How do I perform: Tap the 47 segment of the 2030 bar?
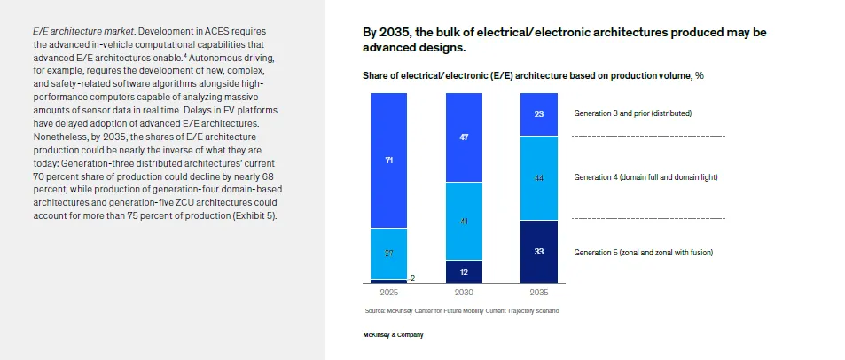pyautogui.click(x=464, y=137)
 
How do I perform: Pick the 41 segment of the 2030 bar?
pyautogui.click(x=464, y=221)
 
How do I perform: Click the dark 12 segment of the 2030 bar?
pyautogui.click(x=464, y=271)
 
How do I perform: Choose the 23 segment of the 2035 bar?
pyautogui.click(x=539, y=114)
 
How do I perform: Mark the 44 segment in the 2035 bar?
pyautogui.click(x=539, y=178)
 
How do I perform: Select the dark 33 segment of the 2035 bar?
pyautogui.click(x=539, y=252)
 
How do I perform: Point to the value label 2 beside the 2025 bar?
pyautogui.click(x=413, y=278)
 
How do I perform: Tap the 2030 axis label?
pyautogui.click(x=464, y=291)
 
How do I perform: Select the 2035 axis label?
pyautogui.click(x=539, y=291)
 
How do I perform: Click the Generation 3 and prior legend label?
pyautogui.click(x=632, y=113)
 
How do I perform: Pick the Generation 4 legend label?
pyautogui.click(x=645, y=177)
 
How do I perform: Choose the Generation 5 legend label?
pyautogui.click(x=643, y=253)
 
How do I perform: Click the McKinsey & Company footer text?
pyautogui.click(x=393, y=334)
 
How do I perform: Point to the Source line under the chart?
pyautogui.click(x=462, y=311)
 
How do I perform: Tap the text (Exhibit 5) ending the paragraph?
pyautogui.click(x=256, y=215)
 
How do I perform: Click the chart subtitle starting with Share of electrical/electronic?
pyautogui.click(x=533, y=76)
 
